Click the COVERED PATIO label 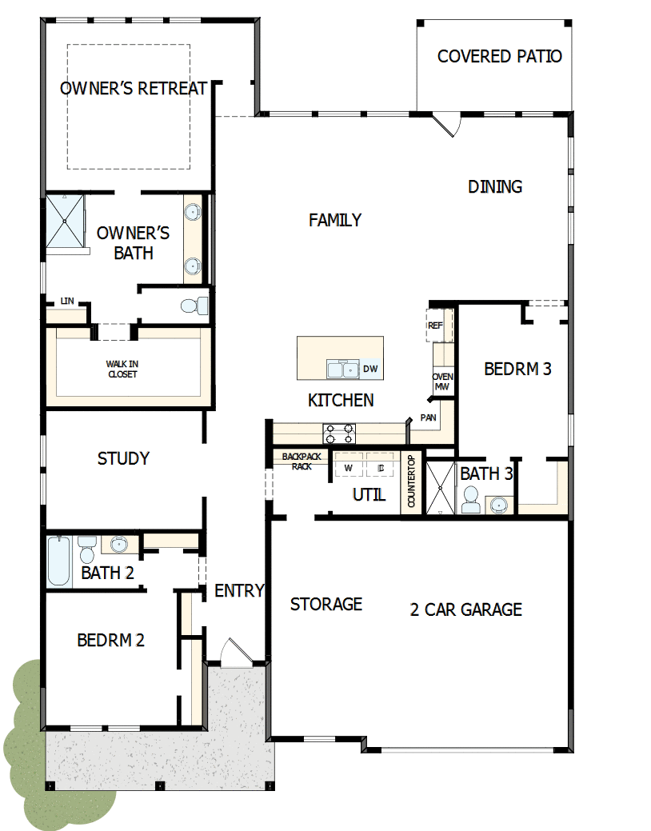click(x=499, y=57)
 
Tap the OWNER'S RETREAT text click(x=134, y=88)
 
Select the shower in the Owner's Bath click(x=65, y=221)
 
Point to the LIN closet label click(x=67, y=302)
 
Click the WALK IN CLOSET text click(x=122, y=369)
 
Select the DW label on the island click(x=369, y=369)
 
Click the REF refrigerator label click(x=435, y=326)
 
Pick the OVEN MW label click(x=441, y=382)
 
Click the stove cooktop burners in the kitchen click(x=339, y=433)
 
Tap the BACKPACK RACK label click(x=301, y=461)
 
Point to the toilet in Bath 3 click(x=470, y=500)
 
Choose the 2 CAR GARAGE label click(x=465, y=609)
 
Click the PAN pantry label click(x=428, y=418)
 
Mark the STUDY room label click(x=123, y=458)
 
